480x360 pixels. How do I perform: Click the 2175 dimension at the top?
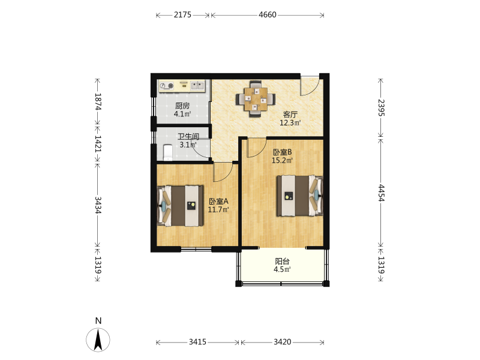point(182,14)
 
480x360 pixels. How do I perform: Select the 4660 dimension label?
point(267,14)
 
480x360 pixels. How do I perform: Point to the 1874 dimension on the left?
point(98,101)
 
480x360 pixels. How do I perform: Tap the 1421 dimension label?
point(98,143)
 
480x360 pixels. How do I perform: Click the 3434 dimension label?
point(98,205)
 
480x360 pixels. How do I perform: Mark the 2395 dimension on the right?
point(381,108)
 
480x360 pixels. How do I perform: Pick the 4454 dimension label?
point(381,193)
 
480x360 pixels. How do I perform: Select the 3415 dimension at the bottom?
point(197,342)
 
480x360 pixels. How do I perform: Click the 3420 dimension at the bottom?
point(282,342)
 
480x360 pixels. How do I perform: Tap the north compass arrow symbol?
point(98,339)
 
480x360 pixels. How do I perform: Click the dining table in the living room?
point(256,99)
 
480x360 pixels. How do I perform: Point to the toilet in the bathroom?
point(168,152)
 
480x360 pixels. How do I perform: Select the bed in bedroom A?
point(181,206)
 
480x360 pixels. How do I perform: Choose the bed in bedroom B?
point(300,196)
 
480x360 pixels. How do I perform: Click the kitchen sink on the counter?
point(197,86)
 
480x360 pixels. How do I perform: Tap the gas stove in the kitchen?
point(167,86)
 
